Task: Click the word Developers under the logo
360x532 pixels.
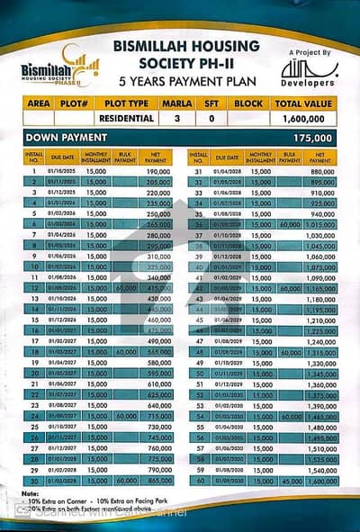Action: (308, 83)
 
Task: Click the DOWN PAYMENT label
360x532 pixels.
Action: (67, 137)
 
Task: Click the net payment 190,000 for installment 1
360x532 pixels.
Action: (158, 171)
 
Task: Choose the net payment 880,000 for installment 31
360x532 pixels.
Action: (322, 171)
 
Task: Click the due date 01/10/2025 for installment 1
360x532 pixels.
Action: (63, 171)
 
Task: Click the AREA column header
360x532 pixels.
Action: (39, 104)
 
